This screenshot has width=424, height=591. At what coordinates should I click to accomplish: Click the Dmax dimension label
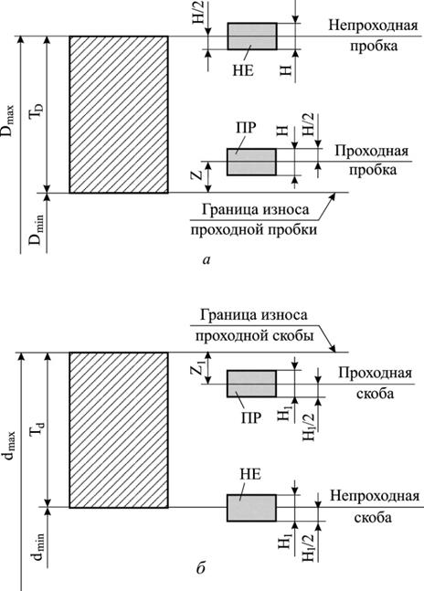tap(8, 121)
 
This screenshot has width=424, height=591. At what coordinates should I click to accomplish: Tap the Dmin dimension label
tap(37, 229)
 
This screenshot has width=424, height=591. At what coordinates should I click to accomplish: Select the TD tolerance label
tap(37, 111)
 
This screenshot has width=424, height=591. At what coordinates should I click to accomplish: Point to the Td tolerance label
tap(37, 429)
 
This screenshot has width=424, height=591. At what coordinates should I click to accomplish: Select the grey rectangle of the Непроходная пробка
tap(252, 37)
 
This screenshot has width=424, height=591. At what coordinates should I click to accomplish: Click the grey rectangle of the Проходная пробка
tap(251, 162)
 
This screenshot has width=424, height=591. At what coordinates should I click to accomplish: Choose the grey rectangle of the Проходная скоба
tap(251, 384)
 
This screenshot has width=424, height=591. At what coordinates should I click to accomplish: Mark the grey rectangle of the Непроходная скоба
tap(251, 508)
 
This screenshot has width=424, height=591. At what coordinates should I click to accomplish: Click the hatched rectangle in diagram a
tap(119, 114)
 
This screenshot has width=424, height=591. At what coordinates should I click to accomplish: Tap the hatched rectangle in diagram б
tap(119, 430)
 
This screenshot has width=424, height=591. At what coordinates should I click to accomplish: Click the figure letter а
tap(207, 259)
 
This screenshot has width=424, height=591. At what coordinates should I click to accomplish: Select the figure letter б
tap(200, 567)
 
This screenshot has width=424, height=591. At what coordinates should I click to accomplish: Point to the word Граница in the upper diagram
tap(226, 209)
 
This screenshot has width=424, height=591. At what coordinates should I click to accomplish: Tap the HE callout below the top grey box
tap(243, 70)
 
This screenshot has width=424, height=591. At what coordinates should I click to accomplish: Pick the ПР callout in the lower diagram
tap(250, 417)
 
